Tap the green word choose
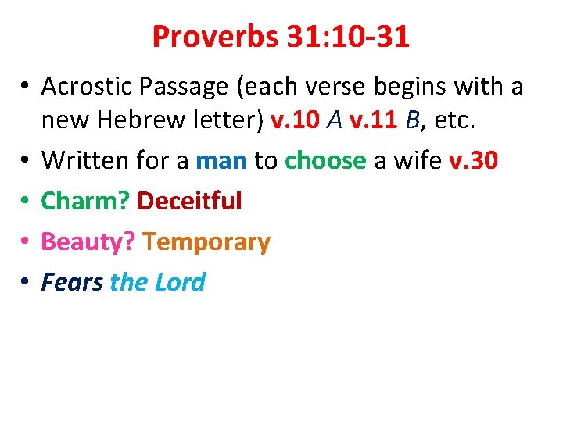(325, 160)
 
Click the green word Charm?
(85, 201)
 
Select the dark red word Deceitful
(189, 201)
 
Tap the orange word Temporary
(206, 242)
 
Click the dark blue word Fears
(72, 282)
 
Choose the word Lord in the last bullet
(180, 282)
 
